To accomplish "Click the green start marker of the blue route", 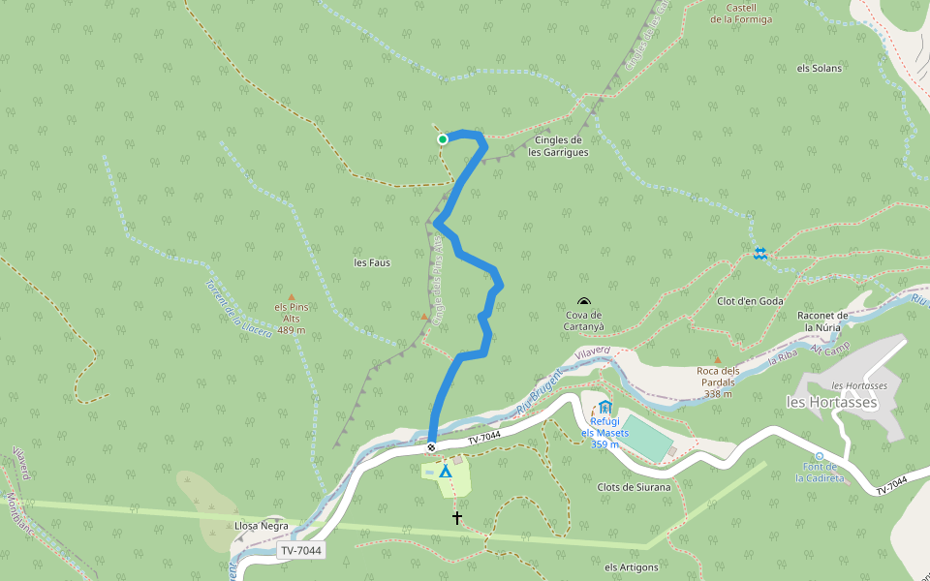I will [x=443, y=139].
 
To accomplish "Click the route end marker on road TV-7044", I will [x=431, y=447].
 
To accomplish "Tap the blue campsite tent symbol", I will [x=445, y=472].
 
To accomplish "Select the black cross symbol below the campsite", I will [x=457, y=518].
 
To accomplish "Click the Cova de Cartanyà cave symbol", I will [x=583, y=302].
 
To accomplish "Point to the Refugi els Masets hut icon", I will [x=605, y=406].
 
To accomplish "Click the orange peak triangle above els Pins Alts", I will [x=291, y=297].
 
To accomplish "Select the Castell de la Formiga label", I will [x=741, y=14].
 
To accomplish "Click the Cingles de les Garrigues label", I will [x=558, y=146].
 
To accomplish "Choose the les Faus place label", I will [x=372, y=262].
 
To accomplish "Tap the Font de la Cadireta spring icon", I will [x=819, y=455].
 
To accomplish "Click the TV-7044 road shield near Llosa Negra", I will [x=299, y=551].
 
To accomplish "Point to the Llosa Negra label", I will [x=262, y=526].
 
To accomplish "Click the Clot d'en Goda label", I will [x=750, y=301].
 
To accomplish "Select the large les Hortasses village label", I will [x=831, y=402].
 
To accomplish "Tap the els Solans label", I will [x=819, y=69].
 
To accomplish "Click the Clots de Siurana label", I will [x=635, y=487].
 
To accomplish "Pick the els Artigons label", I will [x=631, y=567].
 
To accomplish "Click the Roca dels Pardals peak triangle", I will [x=717, y=359].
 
